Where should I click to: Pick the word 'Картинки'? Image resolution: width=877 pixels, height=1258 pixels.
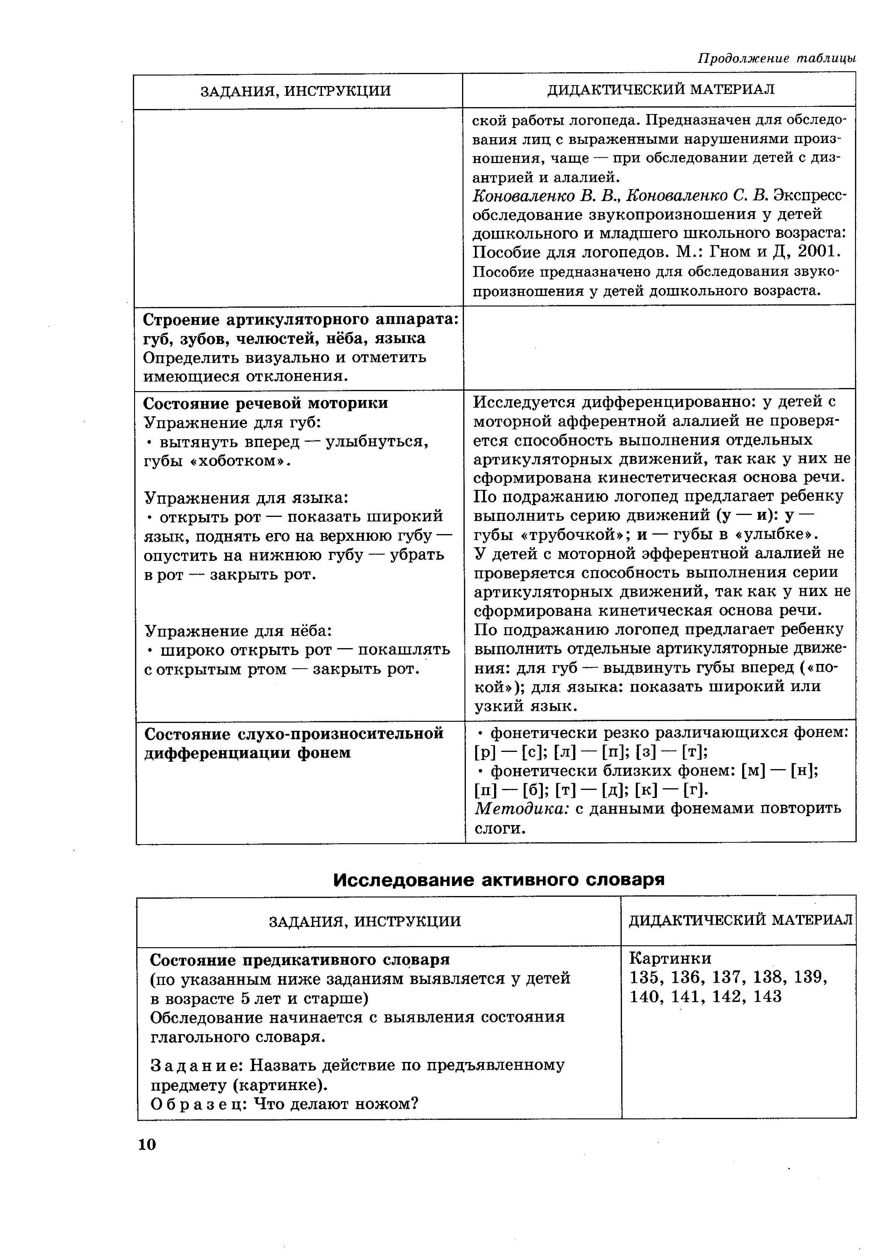670,958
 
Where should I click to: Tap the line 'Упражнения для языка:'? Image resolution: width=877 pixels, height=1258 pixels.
246,498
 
